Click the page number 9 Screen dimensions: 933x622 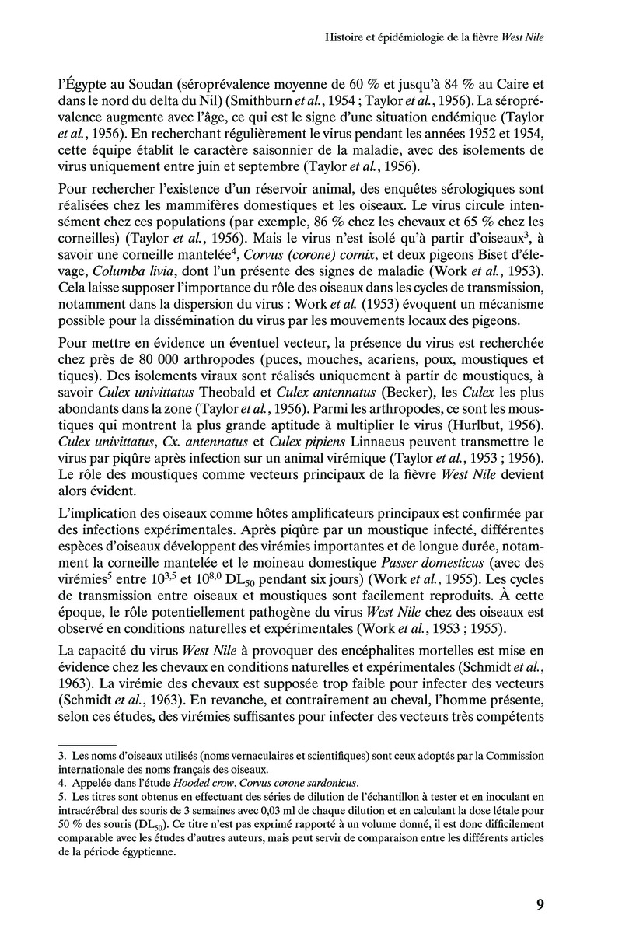pyautogui.click(x=540, y=903)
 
